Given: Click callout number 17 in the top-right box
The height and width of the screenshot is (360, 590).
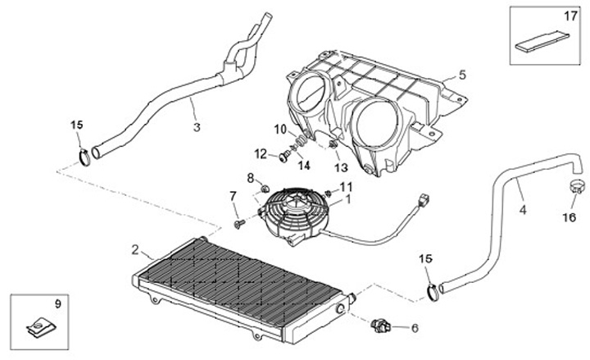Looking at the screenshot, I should (570, 16).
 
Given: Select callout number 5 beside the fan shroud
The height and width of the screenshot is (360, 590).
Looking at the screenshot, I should (462, 75).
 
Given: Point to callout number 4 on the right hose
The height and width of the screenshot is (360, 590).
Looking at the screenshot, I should (522, 208).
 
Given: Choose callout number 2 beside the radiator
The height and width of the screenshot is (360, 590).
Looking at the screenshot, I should (136, 249).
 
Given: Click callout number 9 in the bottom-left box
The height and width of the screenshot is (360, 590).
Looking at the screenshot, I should (57, 304).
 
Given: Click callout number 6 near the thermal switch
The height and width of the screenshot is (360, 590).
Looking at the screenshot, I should (414, 328).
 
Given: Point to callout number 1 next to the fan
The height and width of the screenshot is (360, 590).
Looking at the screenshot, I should (347, 198).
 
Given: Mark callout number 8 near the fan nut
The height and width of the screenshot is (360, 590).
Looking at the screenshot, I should (251, 177).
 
